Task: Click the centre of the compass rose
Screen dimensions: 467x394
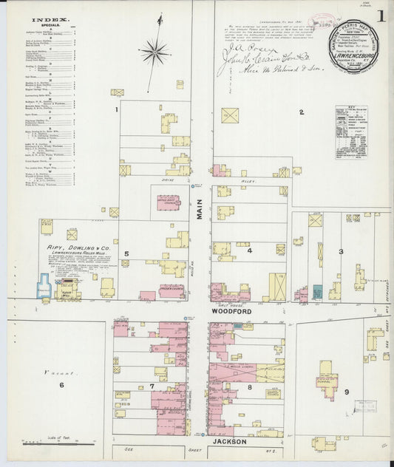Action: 154,51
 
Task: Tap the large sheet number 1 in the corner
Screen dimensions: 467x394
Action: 379,16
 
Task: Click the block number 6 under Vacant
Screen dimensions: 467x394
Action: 61,385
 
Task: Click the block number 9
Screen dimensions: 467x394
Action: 347,391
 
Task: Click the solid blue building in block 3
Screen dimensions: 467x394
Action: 318,293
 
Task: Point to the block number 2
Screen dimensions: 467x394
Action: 301,112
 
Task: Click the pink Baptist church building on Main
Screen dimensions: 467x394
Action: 169,202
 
